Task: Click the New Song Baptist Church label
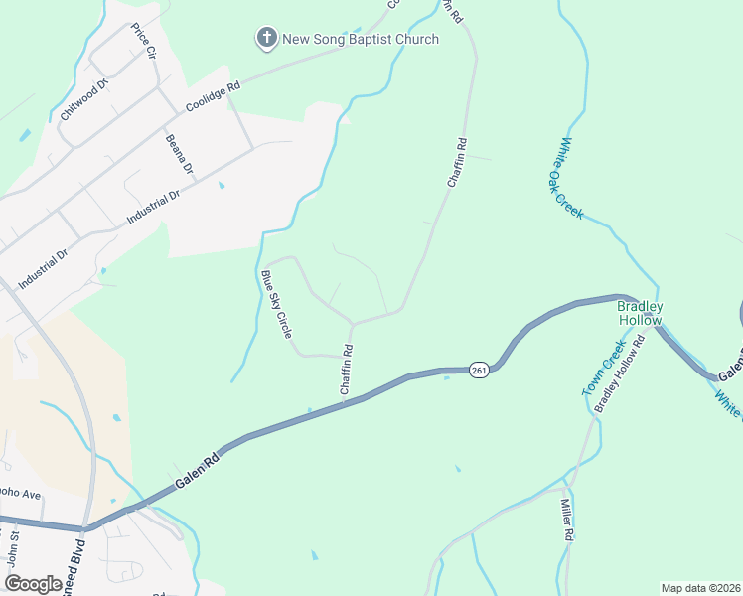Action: click(361, 40)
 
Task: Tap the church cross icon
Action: click(266, 39)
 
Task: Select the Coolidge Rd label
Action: click(214, 97)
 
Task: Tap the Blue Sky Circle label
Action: click(276, 305)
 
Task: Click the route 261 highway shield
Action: click(479, 370)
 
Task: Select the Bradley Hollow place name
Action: click(640, 313)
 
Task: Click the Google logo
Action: click(34, 583)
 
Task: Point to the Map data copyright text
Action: click(700, 588)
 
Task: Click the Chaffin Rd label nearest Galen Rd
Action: click(347, 371)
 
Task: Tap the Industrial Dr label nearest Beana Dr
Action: click(153, 205)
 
